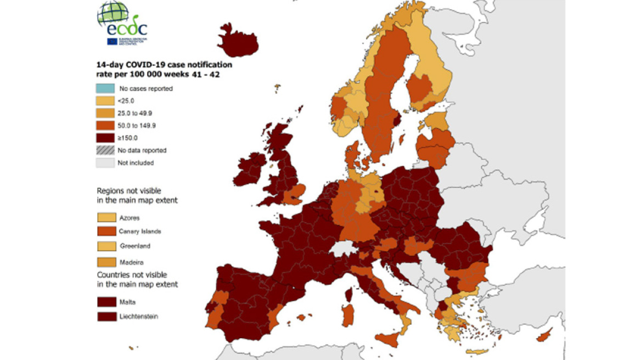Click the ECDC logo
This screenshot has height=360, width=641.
(x=122, y=24)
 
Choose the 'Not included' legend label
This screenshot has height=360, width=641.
(x=136, y=163)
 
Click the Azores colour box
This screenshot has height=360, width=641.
(x=106, y=218)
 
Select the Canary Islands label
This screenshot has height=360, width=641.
(x=140, y=232)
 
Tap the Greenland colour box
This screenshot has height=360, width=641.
(x=106, y=246)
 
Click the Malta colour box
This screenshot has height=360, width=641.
(x=106, y=302)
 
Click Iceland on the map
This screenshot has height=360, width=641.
(x=237, y=42)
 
